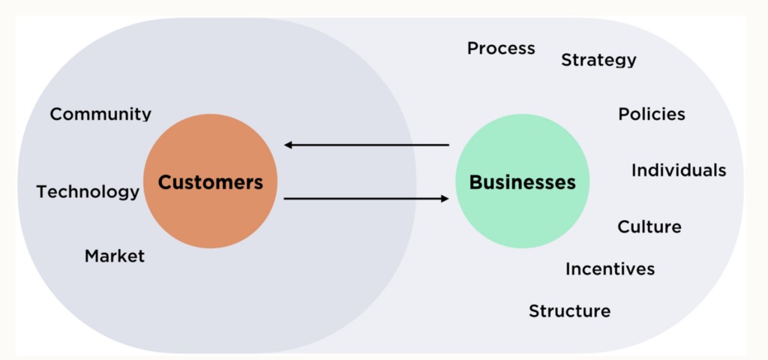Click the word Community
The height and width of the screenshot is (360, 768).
click(x=100, y=114)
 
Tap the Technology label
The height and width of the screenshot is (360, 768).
click(x=88, y=192)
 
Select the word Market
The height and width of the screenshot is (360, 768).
click(x=114, y=256)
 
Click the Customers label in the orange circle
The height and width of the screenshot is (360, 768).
click(x=210, y=182)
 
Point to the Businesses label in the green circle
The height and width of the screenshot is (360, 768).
click(x=522, y=182)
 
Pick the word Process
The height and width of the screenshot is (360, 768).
click(x=501, y=49)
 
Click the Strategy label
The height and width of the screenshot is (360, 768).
click(x=598, y=60)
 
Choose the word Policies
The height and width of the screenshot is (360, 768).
click(x=651, y=114)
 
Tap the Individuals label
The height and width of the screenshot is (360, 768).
click(x=678, y=170)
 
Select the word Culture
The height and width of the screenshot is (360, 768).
click(x=649, y=226)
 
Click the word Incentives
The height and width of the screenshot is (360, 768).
click(x=610, y=268)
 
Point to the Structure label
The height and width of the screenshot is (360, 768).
click(x=569, y=310)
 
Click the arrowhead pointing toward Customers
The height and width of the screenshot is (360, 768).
click(x=289, y=145)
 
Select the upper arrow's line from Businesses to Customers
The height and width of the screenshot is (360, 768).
click(x=367, y=145)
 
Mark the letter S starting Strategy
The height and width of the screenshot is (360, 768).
click(x=566, y=60)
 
